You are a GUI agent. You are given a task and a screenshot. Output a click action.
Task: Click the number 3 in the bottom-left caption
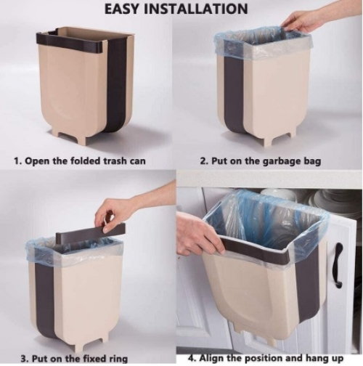coord(23,358)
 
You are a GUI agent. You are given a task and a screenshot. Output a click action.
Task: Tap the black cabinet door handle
coord(339,266)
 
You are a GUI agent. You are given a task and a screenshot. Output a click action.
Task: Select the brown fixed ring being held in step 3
coord(91,231)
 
